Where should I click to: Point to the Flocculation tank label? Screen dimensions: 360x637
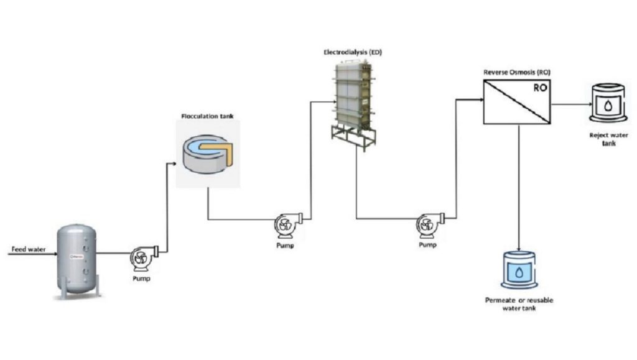click(x=207, y=116)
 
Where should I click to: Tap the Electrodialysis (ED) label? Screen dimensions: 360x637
click(x=352, y=53)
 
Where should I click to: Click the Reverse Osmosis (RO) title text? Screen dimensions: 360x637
click(x=516, y=73)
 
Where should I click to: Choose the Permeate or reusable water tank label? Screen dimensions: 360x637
click(x=518, y=304)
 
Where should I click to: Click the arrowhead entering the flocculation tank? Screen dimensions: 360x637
click(x=174, y=163)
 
